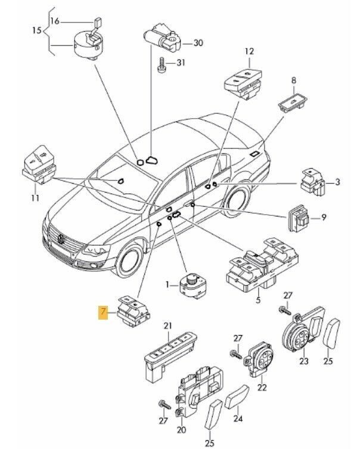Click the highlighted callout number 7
tap(104, 312)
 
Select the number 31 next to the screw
tap(181, 64)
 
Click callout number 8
tap(293, 80)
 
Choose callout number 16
tap(55, 21)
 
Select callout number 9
tap(325, 218)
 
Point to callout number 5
tap(257, 301)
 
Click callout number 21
tap(167, 325)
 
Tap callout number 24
tap(238, 418)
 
